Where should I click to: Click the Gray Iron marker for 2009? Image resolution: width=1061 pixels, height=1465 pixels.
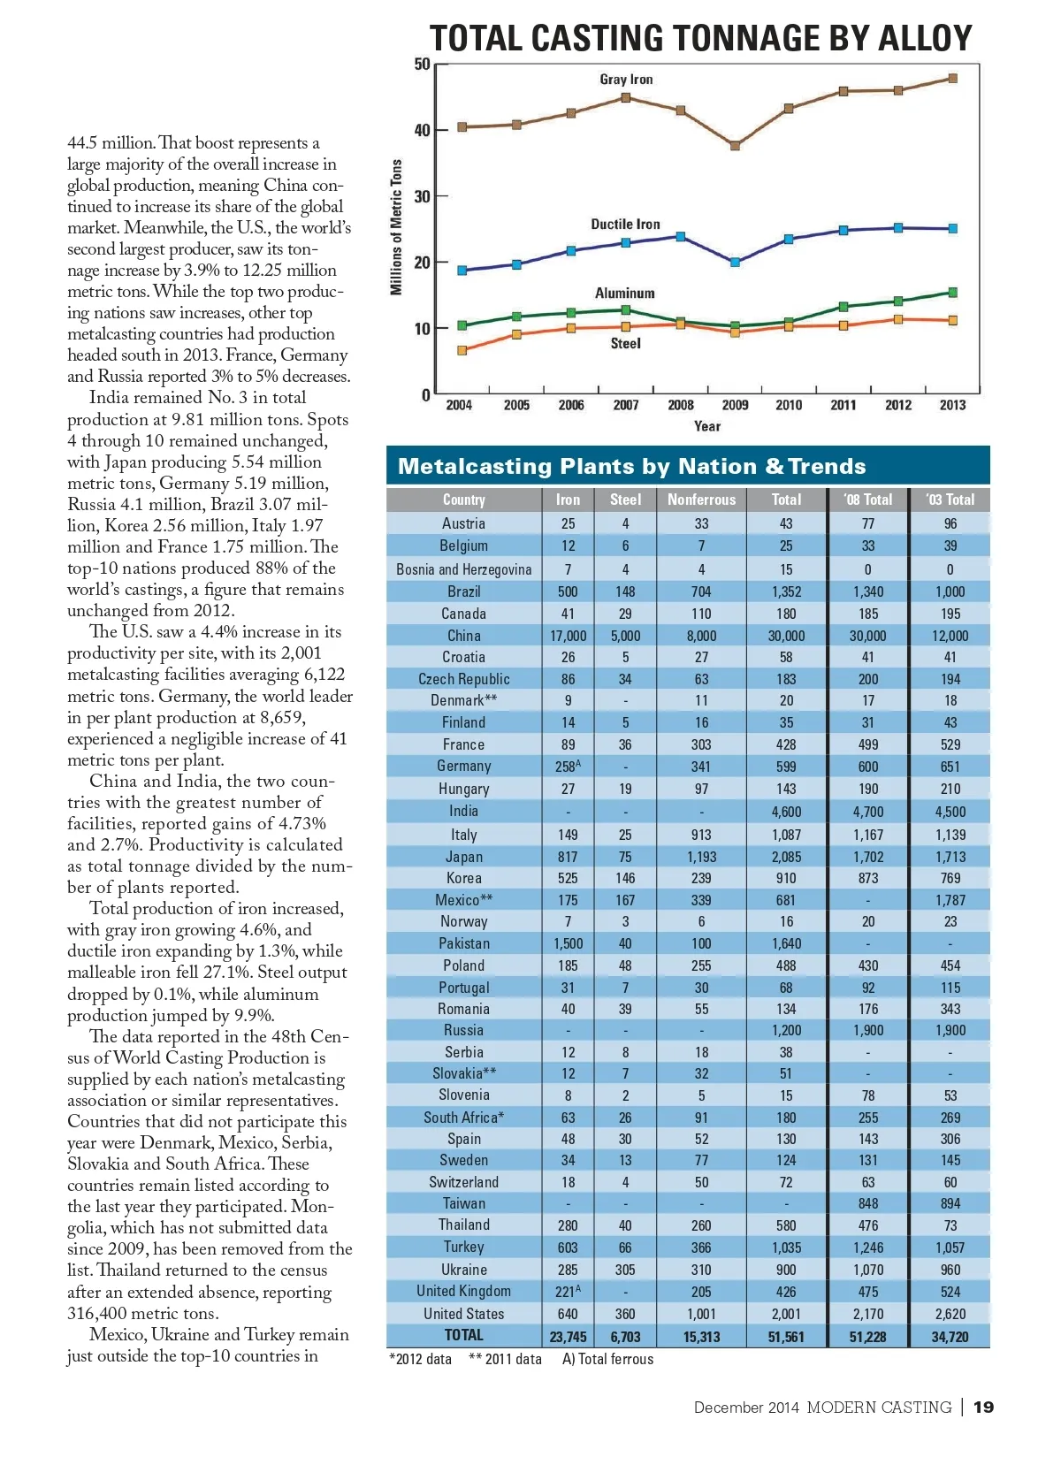click(735, 145)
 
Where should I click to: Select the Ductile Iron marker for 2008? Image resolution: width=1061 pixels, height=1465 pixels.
click(680, 236)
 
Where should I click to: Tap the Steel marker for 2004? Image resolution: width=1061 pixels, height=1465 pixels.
click(462, 350)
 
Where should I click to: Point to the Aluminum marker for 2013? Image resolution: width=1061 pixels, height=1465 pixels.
click(952, 292)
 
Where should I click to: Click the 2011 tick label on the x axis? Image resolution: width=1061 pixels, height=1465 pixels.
click(843, 405)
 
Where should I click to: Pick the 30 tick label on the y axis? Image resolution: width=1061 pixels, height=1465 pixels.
click(423, 196)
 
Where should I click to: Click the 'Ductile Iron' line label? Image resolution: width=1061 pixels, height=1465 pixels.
click(625, 225)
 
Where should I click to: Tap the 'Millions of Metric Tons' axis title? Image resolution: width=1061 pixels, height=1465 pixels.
click(396, 227)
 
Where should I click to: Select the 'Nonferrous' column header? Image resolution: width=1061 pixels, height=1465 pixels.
click(701, 500)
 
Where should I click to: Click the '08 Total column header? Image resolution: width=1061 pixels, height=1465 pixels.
click(867, 500)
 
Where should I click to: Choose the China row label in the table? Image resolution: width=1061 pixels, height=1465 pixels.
click(463, 636)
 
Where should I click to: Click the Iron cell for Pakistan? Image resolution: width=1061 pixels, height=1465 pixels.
click(568, 943)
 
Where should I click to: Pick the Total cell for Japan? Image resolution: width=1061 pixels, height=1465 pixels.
click(786, 857)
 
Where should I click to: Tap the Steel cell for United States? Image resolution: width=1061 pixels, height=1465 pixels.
click(624, 1314)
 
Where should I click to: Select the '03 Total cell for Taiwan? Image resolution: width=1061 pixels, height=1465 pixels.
click(950, 1203)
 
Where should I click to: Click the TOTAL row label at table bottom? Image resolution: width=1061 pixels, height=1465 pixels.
click(463, 1335)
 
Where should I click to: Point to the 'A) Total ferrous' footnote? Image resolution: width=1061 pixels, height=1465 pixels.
click(607, 1359)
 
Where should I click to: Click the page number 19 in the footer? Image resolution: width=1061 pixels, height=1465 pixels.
click(983, 1407)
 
